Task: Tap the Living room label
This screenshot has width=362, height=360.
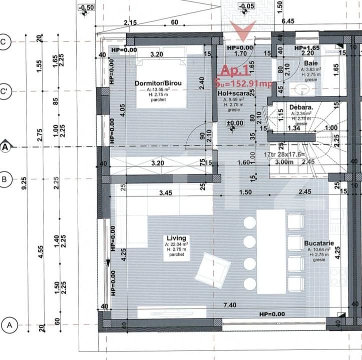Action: pos(176,238)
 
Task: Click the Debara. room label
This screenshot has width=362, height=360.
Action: pos(301,107)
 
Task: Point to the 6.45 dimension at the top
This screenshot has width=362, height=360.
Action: pos(288,22)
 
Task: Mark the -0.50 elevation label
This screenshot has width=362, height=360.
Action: pos(87,7)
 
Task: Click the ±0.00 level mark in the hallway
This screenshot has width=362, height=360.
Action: pos(234,123)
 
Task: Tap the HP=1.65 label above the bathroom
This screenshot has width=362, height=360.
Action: pos(307,47)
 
